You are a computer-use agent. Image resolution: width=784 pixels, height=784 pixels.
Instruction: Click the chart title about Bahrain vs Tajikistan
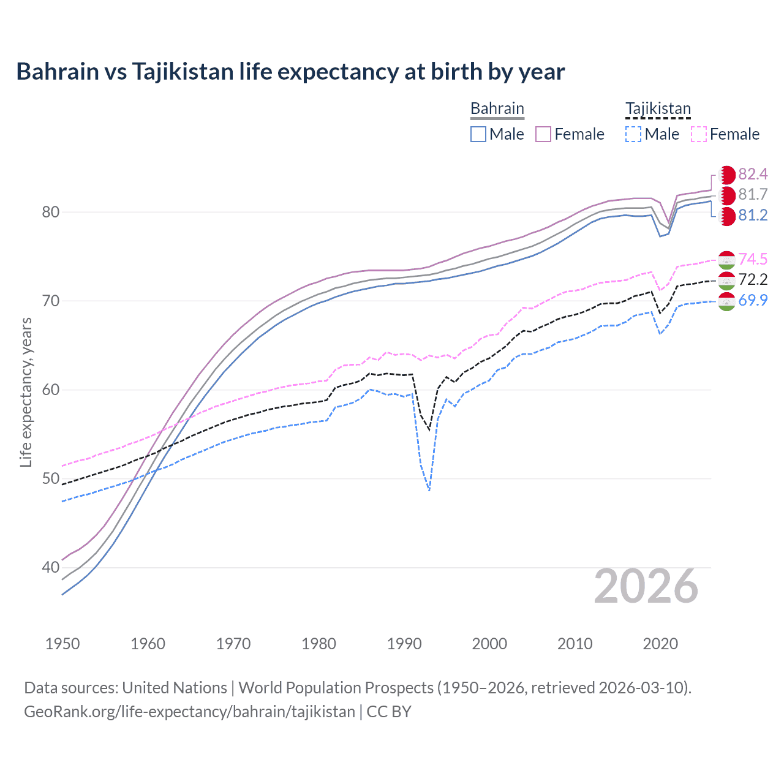pyautogui.click(x=290, y=72)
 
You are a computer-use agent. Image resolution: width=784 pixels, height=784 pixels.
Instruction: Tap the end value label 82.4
pyautogui.click(x=753, y=175)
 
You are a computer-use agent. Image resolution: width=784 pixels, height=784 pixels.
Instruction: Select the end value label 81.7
pyautogui.click(x=753, y=195)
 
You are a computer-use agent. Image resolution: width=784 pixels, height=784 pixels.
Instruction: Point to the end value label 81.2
pyautogui.click(x=753, y=216)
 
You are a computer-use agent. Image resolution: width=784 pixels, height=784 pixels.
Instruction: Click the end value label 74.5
pyautogui.click(x=753, y=259)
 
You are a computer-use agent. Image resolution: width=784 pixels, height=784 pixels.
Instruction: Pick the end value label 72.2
pyautogui.click(x=753, y=280)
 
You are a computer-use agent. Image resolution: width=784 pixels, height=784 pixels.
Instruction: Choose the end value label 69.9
pyautogui.click(x=753, y=300)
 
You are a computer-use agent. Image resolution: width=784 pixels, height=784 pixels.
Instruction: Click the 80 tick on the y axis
pyautogui.click(x=50, y=212)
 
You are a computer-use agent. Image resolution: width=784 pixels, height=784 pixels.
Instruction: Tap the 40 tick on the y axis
pyautogui.click(x=50, y=568)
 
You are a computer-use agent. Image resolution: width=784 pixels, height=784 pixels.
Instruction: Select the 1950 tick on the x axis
pyautogui.click(x=62, y=644)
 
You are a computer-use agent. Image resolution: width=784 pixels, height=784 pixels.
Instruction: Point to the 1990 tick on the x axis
pyautogui.click(x=404, y=644)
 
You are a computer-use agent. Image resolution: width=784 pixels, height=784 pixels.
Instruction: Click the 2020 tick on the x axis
pyautogui.click(x=660, y=644)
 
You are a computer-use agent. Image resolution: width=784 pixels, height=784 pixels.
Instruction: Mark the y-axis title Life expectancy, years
pyautogui.click(x=26, y=392)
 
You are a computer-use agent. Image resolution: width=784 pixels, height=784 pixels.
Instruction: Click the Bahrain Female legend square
pyautogui.click(x=543, y=134)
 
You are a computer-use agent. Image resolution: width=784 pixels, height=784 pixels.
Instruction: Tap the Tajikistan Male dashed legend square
pyautogui.click(x=633, y=134)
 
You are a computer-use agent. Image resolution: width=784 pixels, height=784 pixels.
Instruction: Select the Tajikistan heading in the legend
pyautogui.click(x=658, y=108)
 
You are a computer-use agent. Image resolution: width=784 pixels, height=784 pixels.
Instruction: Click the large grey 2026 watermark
pyautogui.click(x=646, y=586)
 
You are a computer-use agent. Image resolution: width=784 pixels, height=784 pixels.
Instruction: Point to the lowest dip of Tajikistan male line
pyautogui.click(x=429, y=491)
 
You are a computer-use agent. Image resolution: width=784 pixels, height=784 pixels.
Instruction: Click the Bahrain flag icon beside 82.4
pyautogui.click(x=726, y=175)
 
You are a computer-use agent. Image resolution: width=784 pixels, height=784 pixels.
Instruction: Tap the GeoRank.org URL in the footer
pyautogui.click(x=189, y=711)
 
